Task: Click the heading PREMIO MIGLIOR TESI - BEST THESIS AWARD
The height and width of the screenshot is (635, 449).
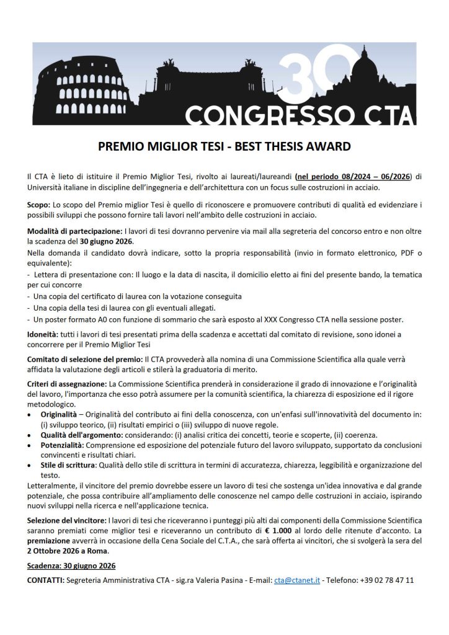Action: point(225,147)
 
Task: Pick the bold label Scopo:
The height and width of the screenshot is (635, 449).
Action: point(40,204)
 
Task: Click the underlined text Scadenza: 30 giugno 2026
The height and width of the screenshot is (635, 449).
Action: point(71,566)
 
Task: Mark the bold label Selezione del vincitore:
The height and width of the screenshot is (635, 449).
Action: point(66,520)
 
